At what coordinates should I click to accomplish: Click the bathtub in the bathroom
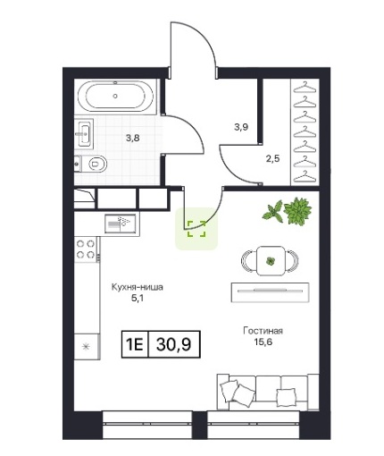(115, 96)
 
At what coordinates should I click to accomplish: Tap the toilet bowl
(94, 164)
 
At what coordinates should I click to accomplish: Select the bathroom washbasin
(84, 134)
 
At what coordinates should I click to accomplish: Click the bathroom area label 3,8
(133, 138)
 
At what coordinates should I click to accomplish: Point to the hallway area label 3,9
(241, 127)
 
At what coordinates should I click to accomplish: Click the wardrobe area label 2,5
(273, 158)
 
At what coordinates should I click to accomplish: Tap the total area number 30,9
(173, 344)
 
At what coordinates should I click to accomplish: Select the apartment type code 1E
(135, 344)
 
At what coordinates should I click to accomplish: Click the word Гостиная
(263, 331)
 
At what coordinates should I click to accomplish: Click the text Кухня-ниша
(138, 287)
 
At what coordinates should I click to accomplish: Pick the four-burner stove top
(86, 249)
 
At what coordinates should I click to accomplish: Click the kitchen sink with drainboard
(121, 224)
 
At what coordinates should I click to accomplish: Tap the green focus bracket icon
(196, 229)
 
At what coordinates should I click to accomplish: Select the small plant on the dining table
(271, 261)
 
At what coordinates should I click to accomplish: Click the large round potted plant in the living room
(297, 211)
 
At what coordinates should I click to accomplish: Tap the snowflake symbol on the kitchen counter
(86, 347)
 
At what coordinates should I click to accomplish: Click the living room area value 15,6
(263, 342)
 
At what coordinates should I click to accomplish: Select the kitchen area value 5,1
(138, 298)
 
